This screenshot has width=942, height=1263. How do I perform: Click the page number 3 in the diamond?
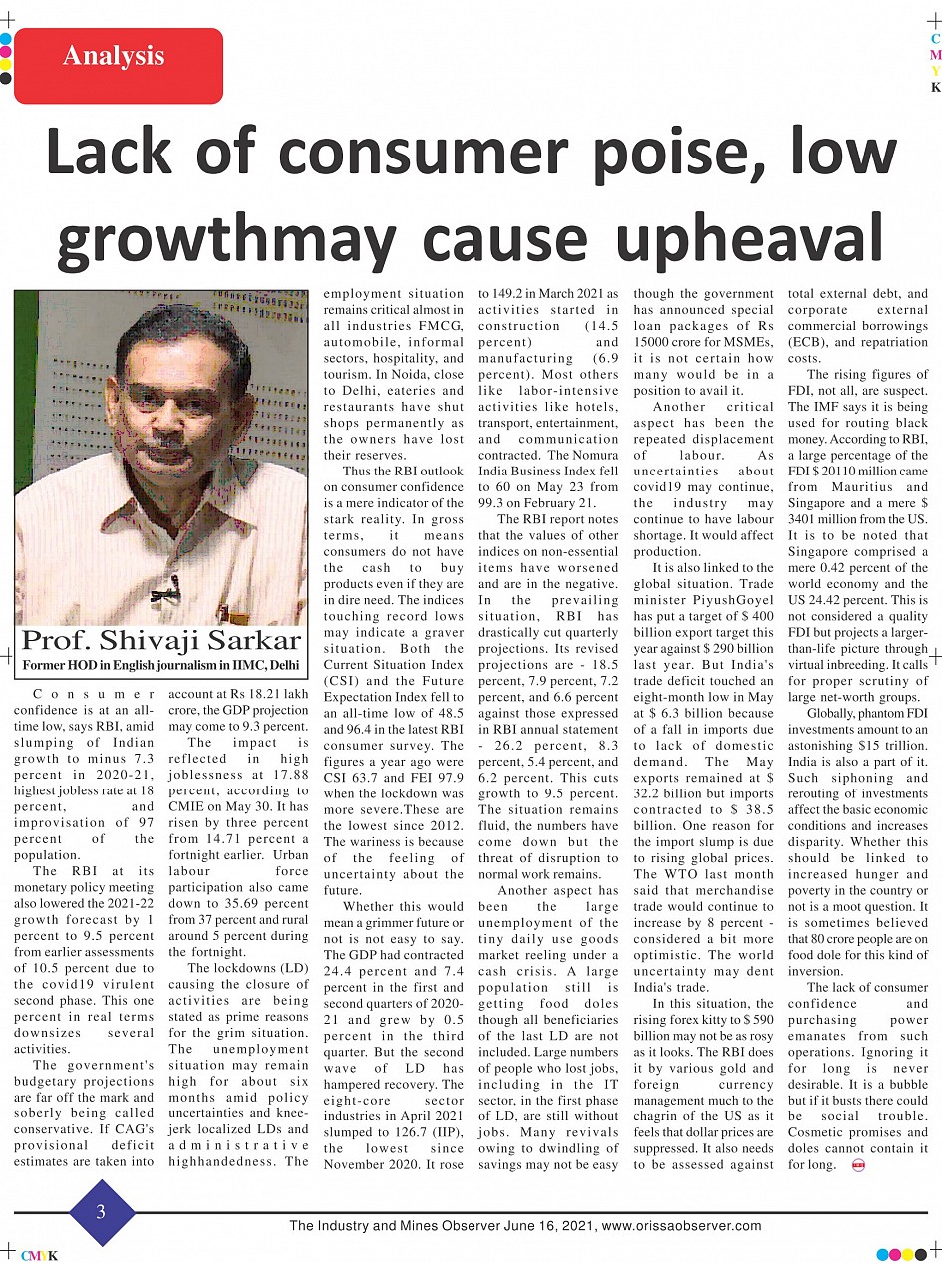pyautogui.click(x=101, y=1212)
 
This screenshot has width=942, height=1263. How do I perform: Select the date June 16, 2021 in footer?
pyautogui.click(x=544, y=1225)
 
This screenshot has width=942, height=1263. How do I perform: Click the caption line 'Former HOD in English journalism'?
pyautogui.click(x=160, y=664)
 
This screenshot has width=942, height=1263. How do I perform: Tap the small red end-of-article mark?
pyautogui.click(x=858, y=1164)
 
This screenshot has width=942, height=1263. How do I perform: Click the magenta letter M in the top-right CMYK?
pyautogui.click(x=935, y=55)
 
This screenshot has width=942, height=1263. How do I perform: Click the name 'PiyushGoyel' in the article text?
pyautogui.click(x=731, y=601)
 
